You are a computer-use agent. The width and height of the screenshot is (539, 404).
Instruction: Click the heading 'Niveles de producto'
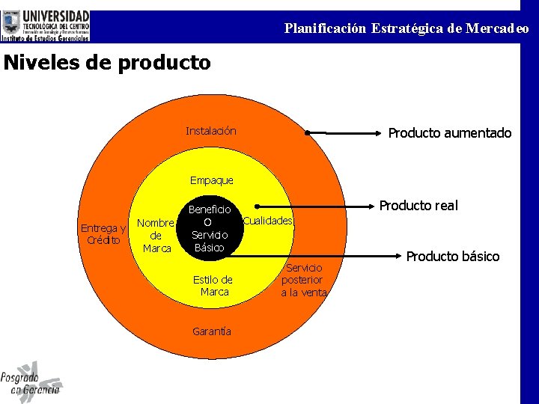[x=107, y=63]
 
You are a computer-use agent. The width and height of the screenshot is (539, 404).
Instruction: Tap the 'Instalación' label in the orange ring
[x=211, y=132]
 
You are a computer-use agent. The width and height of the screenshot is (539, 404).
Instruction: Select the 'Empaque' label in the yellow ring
[x=212, y=180]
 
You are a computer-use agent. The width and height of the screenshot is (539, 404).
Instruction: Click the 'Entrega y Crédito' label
[x=103, y=234]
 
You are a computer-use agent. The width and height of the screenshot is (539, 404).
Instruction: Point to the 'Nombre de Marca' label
[x=156, y=236]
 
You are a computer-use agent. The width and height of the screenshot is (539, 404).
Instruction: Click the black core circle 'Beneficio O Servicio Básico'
[x=209, y=228]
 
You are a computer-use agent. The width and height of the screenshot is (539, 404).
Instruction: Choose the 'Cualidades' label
[x=268, y=221]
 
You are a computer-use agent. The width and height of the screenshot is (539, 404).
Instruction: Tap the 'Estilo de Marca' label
[x=213, y=286]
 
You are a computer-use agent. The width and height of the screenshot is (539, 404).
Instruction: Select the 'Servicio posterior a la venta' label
[x=304, y=280]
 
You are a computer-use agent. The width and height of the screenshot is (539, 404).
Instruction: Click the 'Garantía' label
[x=212, y=331]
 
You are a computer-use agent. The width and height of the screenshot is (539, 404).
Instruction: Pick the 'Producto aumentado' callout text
[x=449, y=133]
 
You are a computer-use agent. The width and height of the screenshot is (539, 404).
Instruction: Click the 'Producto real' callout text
[x=418, y=206]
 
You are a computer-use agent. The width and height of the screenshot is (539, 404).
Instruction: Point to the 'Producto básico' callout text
[x=452, y=257]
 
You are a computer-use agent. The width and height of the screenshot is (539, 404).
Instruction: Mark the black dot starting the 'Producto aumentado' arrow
[x=307, y=133]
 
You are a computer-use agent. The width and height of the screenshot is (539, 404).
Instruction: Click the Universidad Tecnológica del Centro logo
[x=46, y=25]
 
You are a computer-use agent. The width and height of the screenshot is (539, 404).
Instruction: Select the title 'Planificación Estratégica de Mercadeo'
[x=406, y=29]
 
